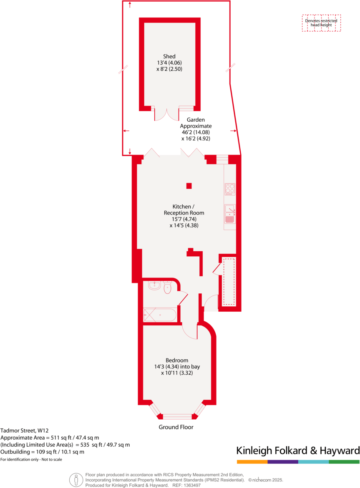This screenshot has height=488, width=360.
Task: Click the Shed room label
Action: click(169, 56)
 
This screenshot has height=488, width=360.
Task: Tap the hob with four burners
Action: click(230, 189)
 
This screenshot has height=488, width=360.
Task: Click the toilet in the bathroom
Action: click(168, 288)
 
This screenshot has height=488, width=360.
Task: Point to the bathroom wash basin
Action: click(154, 285)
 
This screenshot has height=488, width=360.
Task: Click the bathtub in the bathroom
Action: click(160, 314)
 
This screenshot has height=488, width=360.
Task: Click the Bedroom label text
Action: click(176, 360)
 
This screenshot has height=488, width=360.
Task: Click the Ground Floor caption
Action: click(176, 427)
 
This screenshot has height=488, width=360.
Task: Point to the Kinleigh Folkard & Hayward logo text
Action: click(298, 450)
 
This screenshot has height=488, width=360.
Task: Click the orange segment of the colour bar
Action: click(252, 462)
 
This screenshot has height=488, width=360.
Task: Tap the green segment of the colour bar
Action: click(344, 462)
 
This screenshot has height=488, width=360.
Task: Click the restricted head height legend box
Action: click(321, 23)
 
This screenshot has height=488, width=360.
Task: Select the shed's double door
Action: click(167, 114)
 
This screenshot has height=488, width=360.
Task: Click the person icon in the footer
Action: click(75, 480)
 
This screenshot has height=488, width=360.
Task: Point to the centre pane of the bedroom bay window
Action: click(177, 416)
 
